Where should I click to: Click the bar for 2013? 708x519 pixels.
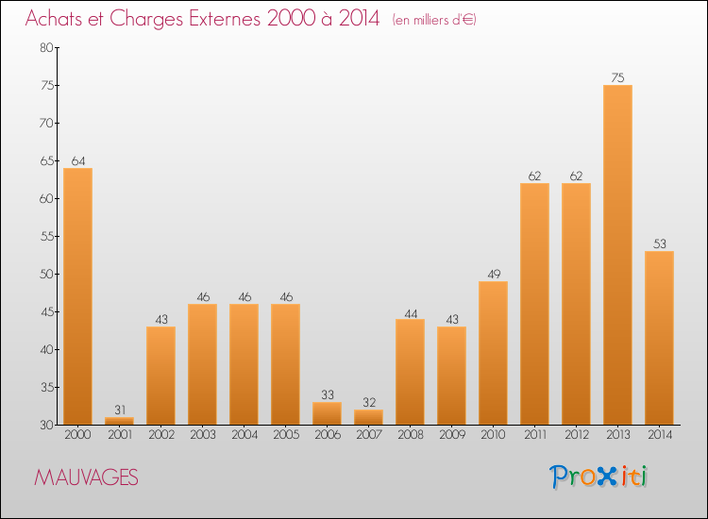(x=617, y=255)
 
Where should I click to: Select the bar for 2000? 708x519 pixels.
(x=77, y=296)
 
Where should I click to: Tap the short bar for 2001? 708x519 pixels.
(x=119, y=421)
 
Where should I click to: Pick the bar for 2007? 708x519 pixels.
(x=368, y=417)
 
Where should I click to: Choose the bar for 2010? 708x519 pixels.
(x=493, y=353)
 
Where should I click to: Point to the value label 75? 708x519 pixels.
(x=617, y=78)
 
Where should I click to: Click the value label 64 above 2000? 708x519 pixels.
(x=77, y=161)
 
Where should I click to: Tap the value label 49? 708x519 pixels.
(x=493, y=275)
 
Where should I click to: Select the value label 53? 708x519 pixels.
(x=659, y=244)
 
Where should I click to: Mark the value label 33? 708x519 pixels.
(x=327, y=395)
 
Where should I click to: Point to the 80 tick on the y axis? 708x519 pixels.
(x=45, y=48)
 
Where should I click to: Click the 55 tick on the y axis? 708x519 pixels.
(x=45, y=237)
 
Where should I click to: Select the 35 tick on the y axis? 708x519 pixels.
(x=45, y=388)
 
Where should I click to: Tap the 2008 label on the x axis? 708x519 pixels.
(x=410, y=435)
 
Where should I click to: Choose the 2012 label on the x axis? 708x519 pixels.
(x=576, y=435)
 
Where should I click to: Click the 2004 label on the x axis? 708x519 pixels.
(x=244, y=435)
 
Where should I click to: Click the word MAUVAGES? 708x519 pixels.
(x=86, y=478)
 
